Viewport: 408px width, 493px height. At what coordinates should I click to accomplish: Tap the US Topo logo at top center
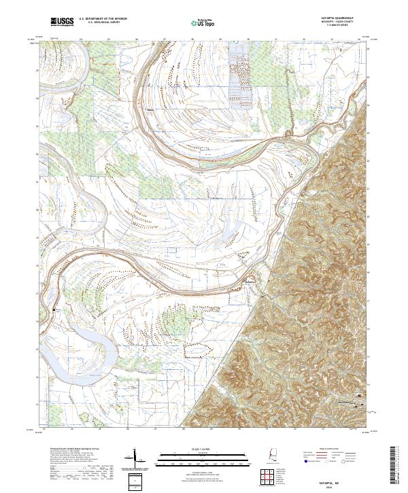203,23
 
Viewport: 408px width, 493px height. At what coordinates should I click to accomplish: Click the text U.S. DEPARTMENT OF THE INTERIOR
103,19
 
